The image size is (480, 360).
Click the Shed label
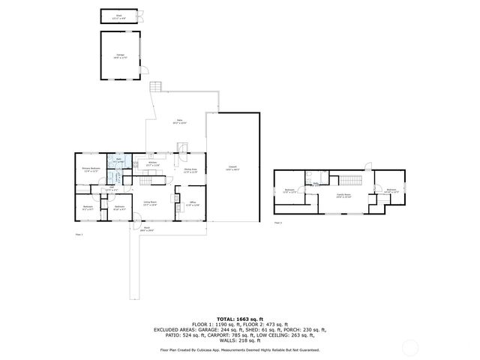pos(119,15)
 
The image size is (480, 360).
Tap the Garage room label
pos(120,55)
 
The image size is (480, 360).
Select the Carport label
pos(233,169)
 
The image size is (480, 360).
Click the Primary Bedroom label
pos(91,169)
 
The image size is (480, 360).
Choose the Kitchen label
pos(152,163)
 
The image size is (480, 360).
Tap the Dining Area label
pos(191,170)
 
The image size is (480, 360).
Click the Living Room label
pos(150,203)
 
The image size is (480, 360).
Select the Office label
pos(192,203)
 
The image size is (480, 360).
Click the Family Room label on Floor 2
pos(342,196)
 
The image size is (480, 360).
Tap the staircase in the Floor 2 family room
pos(350,181)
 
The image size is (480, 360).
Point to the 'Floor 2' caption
pos(278,223)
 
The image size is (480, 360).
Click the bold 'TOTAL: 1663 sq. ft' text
pos(240,318)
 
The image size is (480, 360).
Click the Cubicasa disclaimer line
pos(240,349)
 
